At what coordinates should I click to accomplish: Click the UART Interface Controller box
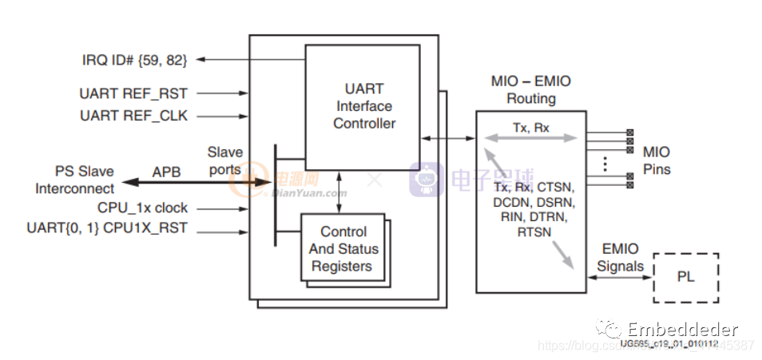click(x=363, y=105)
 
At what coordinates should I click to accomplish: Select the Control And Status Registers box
click(x=343, y=248)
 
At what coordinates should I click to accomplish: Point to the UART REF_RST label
click(x=133, y=94)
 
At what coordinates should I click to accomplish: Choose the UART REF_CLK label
click(x=133, y=116)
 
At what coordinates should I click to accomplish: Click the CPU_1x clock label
click(x=142, y=208)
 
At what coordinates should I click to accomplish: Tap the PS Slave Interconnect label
click(x=74, y=180)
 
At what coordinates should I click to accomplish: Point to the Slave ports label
click(x=224, y=160)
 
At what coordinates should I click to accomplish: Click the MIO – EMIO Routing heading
click(x=531, y=90)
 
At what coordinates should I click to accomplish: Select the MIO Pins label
click(x=657, y=160)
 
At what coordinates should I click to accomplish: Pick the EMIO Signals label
click(x=620, y=258)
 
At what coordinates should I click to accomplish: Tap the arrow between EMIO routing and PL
click(x=620, y=279)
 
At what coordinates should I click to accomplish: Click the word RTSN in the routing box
click(x=534, y=231)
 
